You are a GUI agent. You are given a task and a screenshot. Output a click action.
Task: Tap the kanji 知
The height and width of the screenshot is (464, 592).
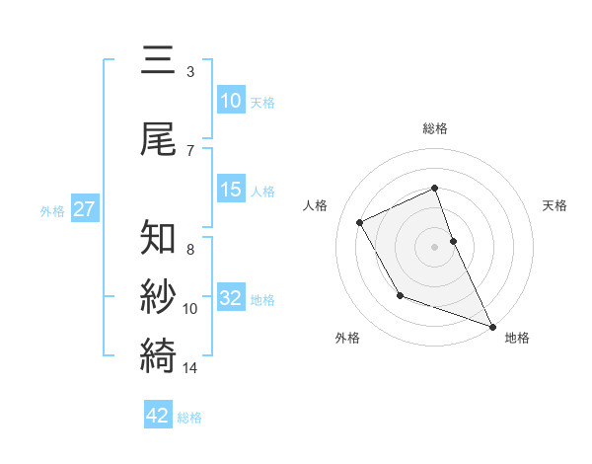(x=159, y=239)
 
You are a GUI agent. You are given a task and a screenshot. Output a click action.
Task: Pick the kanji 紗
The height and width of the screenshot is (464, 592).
(x=159, y=297)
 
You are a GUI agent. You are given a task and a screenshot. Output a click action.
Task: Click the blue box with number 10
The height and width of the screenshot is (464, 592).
(x=231, y=101)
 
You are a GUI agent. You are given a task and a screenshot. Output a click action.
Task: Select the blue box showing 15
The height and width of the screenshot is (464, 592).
(x=231, y=190)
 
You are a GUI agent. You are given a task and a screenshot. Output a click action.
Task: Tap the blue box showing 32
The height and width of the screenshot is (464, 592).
(x=231, y=298)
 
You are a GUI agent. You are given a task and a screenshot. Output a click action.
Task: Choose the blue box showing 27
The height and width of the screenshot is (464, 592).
(x=84, y=209)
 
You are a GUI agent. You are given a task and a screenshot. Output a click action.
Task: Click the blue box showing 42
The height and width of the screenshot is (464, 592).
(x=158, y=416)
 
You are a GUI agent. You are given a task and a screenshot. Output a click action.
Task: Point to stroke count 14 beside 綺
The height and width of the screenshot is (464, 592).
(x=190, y=368)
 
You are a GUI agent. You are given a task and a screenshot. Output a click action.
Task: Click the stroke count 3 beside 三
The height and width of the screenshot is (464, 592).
(x=189, y=72)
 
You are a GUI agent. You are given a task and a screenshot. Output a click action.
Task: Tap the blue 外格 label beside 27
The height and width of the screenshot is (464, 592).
(x=52, y=210)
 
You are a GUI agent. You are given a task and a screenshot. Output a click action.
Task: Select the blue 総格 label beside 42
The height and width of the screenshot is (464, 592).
(x=189, y=417)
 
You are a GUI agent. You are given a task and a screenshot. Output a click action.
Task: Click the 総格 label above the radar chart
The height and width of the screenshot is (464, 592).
(x=434, y=128)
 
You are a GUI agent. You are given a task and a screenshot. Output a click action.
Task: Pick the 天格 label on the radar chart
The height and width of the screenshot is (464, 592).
(x=555, y=205)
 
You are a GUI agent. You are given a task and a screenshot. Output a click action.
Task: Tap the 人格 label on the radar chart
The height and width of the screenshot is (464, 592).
(x=315, y=205)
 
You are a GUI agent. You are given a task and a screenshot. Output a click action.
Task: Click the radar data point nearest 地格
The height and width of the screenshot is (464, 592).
(x=492, y=326)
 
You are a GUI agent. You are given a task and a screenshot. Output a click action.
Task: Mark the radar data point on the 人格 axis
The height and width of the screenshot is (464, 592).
(x=360, y=222)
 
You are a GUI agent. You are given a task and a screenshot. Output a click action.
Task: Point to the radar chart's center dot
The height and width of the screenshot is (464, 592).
(x=434, y=247)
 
